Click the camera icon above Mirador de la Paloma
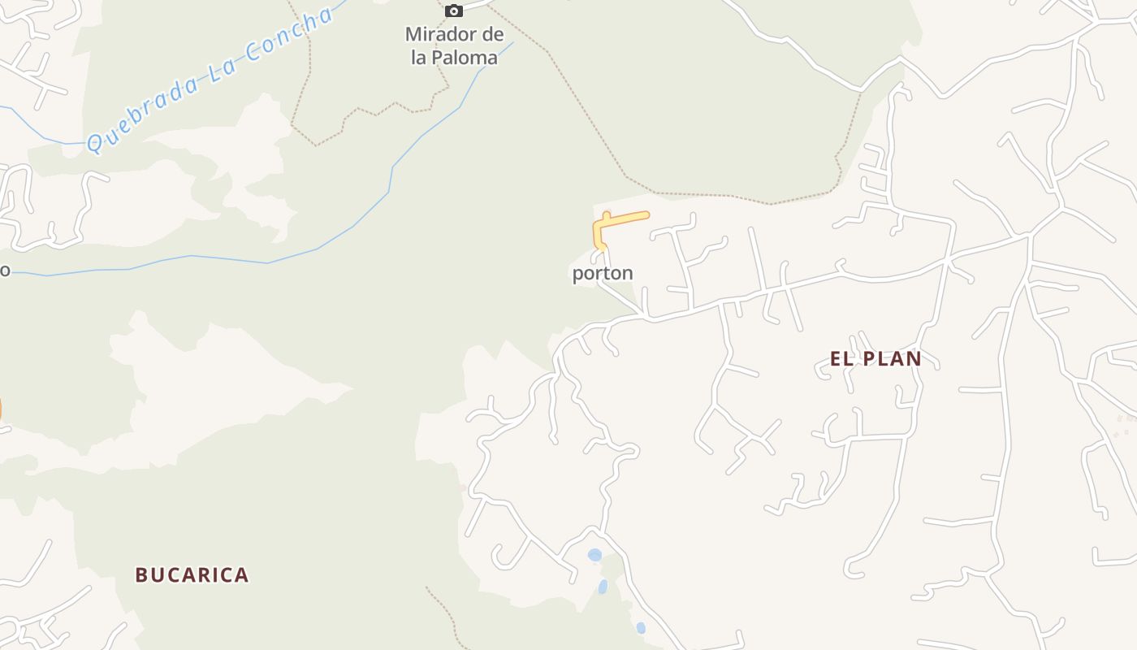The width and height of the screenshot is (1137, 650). [x=454, y=11]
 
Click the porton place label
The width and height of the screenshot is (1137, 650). [x=602, y=273]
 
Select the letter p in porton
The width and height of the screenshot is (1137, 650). [x=577, y=275]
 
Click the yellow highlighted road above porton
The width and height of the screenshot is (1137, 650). [x=625, y=219]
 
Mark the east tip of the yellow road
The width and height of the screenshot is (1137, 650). [x=646, y=215]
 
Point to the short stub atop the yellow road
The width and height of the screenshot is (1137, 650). [x=607, y=215]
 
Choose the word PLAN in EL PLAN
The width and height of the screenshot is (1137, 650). [x=891, y=358]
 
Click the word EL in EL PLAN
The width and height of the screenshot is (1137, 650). [x=841, y=358]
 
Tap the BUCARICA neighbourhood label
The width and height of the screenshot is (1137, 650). [x=192, y=575]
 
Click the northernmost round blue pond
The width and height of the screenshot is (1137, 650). [x=594, y=555]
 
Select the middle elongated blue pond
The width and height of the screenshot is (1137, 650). [x=603, y=586]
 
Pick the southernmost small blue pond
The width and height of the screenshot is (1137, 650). [x=641, y=627]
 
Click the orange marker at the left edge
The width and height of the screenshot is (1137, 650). [x=1, y=410]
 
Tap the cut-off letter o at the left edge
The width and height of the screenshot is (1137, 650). [x=4, y=270]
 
